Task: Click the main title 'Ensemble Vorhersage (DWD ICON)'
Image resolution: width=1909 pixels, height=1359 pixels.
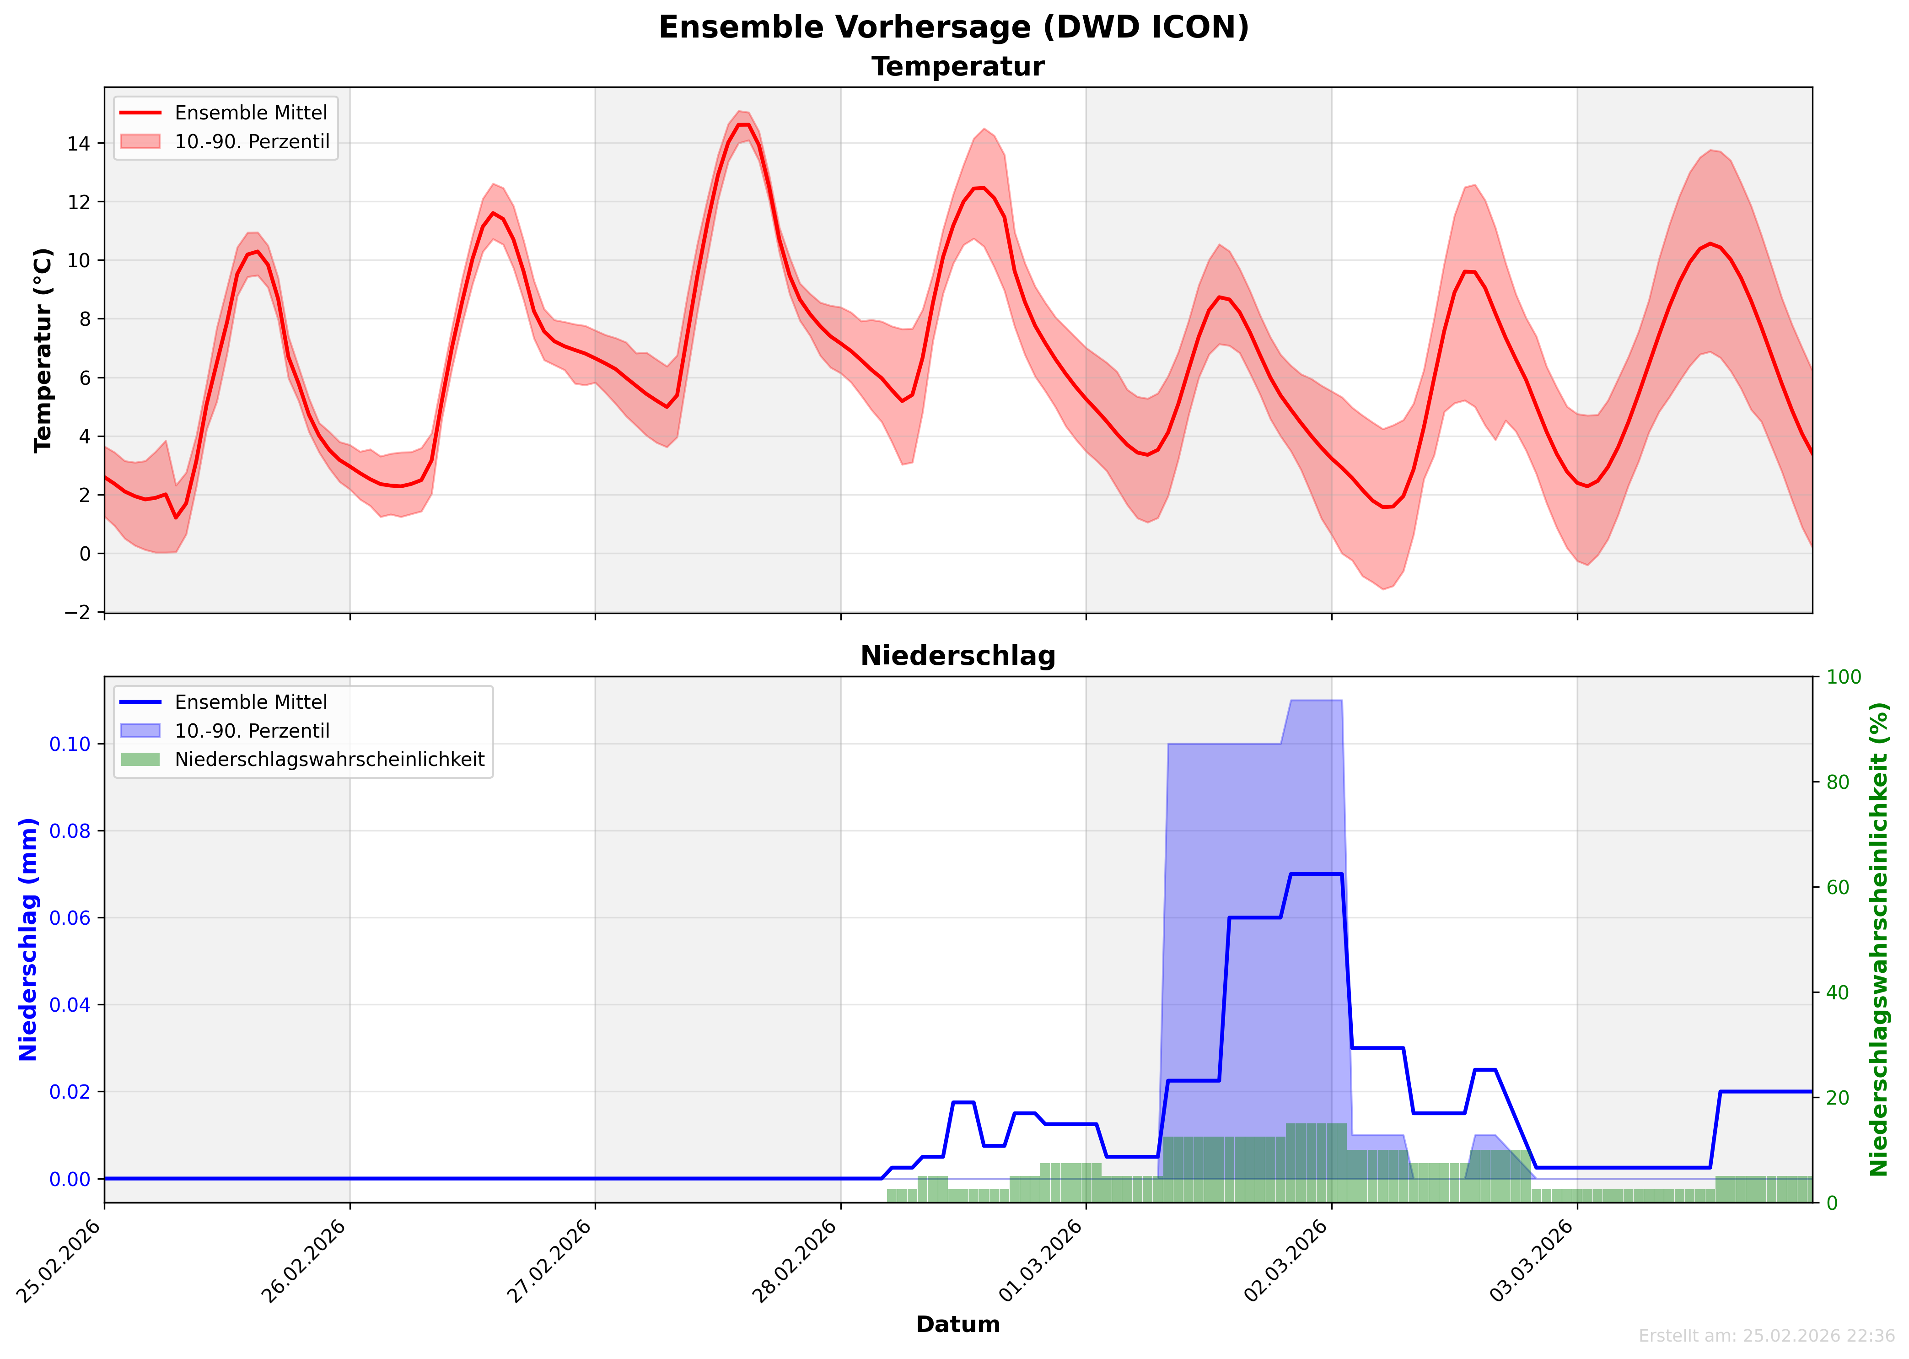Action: click(954, 27)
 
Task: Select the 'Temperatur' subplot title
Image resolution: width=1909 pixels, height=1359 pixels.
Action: click(958, 67)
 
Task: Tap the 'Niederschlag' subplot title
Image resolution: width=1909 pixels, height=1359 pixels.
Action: click(958, 656)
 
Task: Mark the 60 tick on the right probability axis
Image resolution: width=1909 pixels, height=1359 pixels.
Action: click(1838, 887)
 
